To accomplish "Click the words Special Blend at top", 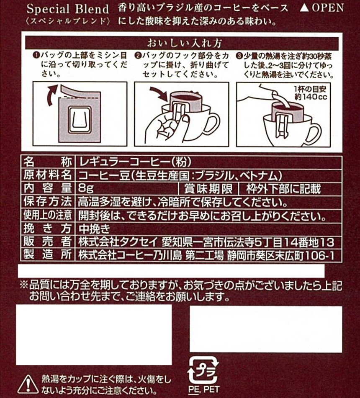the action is [68, 9].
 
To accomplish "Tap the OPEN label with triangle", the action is [321, 8].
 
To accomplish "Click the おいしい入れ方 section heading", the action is [184, 44].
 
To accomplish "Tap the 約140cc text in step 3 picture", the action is [311, 97].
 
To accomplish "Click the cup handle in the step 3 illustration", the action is [314, 134].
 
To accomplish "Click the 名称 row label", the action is [47, 162].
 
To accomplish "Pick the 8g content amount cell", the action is [86, 189].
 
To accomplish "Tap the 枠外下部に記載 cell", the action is [283, 189].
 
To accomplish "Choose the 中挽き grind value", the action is [94, 229].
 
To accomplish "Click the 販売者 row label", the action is [47, 241].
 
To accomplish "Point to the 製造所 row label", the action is [47, 254].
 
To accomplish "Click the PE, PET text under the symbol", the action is [204, 389].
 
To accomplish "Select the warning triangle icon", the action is [28, 384].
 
